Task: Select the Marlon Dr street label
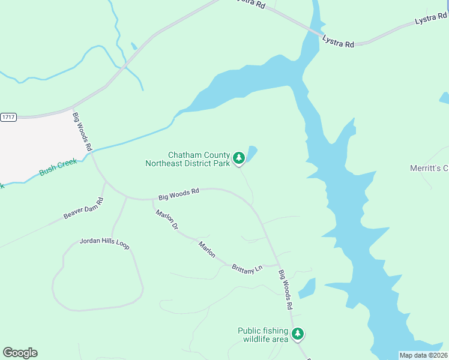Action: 167,220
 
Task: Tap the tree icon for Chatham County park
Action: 239,158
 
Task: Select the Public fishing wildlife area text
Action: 264,335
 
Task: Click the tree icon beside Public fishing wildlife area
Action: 298,334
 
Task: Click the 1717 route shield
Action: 8,116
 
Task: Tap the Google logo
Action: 20,352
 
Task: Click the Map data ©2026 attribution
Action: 423,355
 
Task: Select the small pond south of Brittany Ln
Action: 307,287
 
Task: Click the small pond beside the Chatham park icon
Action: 252,153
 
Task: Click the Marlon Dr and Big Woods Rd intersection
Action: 152,199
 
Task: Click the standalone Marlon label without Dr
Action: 207,250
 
